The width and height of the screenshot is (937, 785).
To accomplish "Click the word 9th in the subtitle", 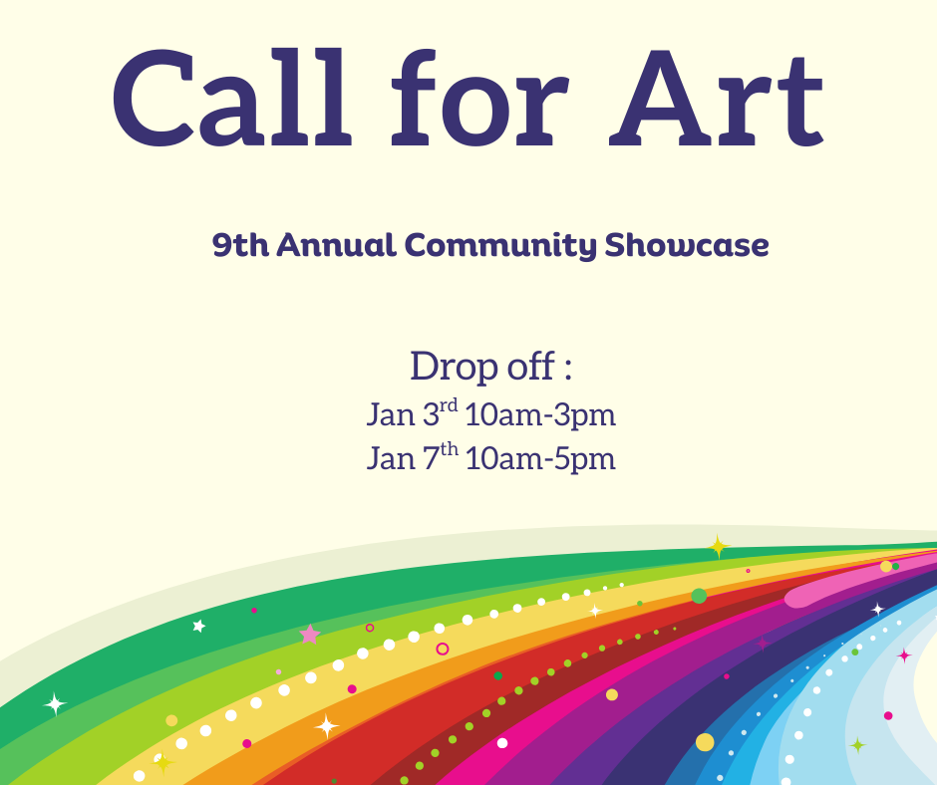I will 240,245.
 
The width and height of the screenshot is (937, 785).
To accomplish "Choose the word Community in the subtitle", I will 501,245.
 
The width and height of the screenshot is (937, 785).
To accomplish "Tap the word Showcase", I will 688,245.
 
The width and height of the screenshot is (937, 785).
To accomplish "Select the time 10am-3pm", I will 540,414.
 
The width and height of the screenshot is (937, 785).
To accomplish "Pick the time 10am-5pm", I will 540,458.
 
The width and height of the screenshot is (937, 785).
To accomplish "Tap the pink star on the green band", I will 310,635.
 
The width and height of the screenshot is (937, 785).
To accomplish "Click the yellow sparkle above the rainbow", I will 718,547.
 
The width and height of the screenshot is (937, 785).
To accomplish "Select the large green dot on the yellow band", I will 699,596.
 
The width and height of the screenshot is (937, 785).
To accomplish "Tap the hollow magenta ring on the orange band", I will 443,649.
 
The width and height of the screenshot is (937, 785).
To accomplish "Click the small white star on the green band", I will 199,626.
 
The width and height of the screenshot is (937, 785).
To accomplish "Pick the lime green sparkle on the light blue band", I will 856,744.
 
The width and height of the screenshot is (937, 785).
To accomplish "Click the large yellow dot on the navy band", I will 705,741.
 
